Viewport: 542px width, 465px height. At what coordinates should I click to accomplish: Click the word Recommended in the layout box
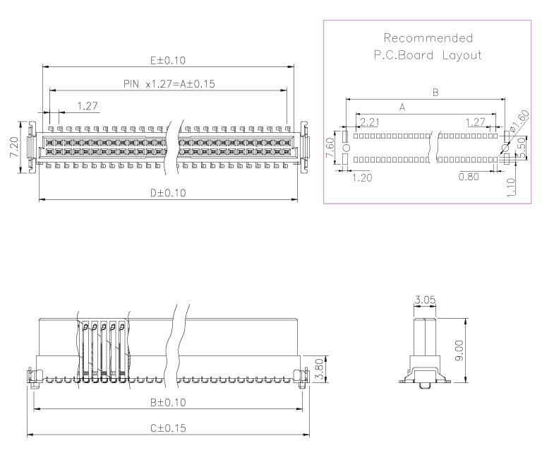click(428, 37)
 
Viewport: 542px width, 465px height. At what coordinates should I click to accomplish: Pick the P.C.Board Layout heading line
click(428, 55)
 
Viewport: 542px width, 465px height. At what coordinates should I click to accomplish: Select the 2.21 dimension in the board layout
click(369, 122)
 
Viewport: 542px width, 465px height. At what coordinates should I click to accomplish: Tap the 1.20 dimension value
click(361, 177)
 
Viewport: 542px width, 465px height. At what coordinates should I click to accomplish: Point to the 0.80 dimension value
click(469, 177)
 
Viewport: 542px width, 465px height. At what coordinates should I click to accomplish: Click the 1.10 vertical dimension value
click(511, 187)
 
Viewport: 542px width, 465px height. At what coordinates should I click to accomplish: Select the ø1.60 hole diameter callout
click(519, 121)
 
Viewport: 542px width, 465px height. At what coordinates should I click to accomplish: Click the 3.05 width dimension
click(425, 300)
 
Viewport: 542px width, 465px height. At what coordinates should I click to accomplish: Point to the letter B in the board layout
click(435, 93)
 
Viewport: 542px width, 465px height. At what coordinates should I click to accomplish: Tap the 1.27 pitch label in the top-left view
click(88, 106)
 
